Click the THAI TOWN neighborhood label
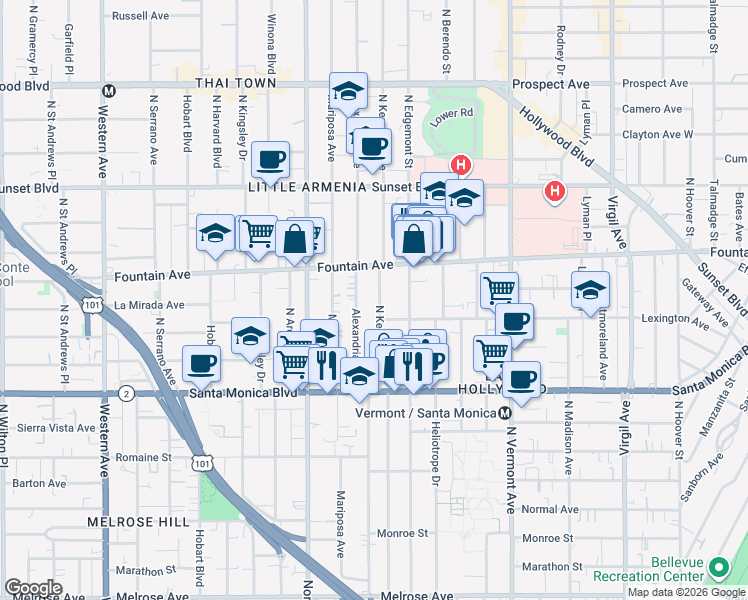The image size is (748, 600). [x=236, y=83]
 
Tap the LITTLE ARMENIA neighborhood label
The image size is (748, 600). [x=298, y=187]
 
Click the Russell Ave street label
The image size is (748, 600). [x=141, y=16]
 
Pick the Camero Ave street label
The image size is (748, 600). [x=653, y=109]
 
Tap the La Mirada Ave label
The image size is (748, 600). [x=149, y=305]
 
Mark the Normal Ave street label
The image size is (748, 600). [x=550, y=509]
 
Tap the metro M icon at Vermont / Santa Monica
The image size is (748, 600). [x=506, y=413]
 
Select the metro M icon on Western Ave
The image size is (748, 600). [x=109, y=90]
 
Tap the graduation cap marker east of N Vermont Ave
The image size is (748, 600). [x=590, y=290]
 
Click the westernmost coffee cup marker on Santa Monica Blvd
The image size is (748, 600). [x=201, y=364]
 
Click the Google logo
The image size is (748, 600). [x=34, y=587]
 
